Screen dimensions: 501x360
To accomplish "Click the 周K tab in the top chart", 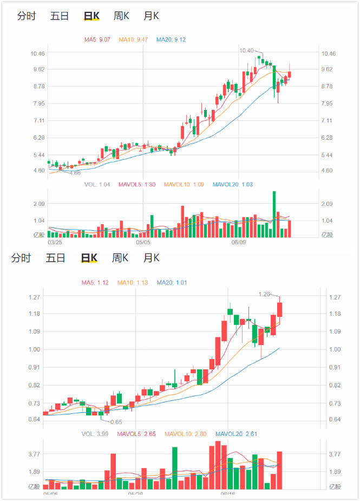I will click(121, 16).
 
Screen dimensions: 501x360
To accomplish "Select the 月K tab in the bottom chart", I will click(151, 258).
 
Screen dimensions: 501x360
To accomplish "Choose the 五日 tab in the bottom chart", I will click(55, 258).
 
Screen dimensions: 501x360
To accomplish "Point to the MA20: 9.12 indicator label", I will click(171, 40).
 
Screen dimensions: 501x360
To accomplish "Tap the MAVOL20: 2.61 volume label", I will click(235, 434).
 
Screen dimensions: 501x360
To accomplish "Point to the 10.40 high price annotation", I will click(246, 50).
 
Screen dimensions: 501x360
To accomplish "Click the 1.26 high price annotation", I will click(264, 294).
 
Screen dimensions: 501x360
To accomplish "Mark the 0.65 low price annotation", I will click(116, 421).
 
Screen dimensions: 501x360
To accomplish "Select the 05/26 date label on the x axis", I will click(135, 493).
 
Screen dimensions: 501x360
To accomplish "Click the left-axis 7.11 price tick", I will click(38, 121).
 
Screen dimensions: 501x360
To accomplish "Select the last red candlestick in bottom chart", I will click(280, 309).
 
